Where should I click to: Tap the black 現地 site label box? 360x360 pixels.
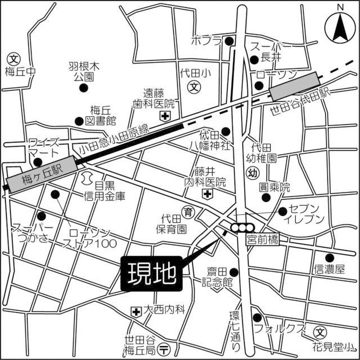150,274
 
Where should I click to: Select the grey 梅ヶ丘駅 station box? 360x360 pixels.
41,174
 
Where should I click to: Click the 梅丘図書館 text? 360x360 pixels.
103,115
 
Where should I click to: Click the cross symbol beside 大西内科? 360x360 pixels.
136,311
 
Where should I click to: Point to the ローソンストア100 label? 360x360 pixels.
90,238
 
